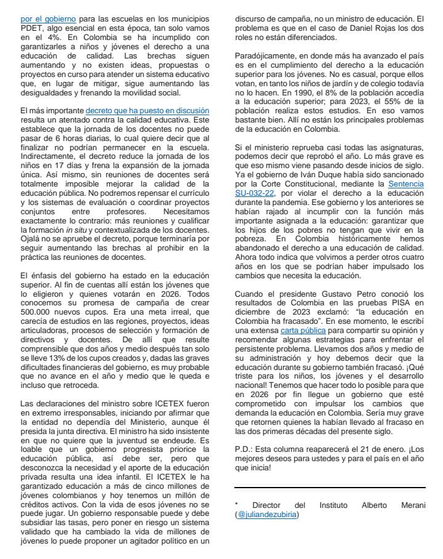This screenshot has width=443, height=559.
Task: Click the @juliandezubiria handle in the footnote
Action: pyautogui.click(x=268, y=514)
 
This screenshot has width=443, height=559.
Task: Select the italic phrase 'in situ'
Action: pyautogui.click(x=78, y=230)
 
